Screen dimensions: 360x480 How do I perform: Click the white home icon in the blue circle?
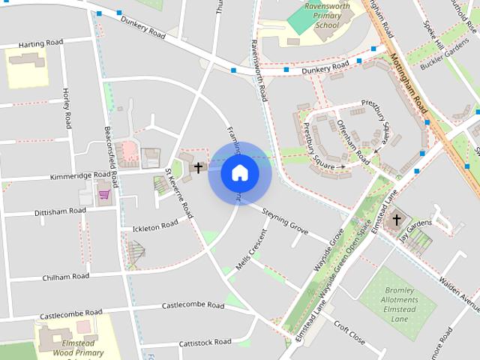240,172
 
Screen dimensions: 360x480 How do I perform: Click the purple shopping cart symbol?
104,195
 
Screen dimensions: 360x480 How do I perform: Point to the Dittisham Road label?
61,212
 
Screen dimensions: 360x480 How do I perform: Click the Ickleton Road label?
155,224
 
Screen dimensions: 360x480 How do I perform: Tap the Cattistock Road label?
205,343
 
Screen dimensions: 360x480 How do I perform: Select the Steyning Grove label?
285,222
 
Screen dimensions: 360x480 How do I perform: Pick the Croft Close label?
349,333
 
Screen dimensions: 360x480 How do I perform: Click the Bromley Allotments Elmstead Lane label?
400,304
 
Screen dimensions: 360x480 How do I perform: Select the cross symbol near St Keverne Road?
198,167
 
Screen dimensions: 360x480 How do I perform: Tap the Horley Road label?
67,107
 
